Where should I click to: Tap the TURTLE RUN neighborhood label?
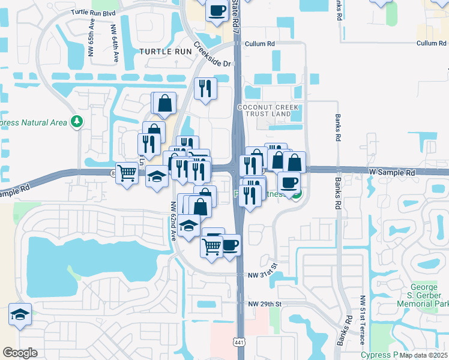pyautogui.click(x=165, y=52)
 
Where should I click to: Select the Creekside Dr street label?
pyautogui.click(x=212, y=56)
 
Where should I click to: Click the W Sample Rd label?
pyautogui.click(x=392, y=172)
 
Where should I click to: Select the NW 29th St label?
pyautogui.click(x=264, y=304)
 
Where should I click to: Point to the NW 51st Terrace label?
pyautogui.click(x=363, y=320)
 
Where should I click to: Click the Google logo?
pyautogui.click(x=20, y=353)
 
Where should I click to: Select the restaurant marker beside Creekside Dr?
pyautogui.click(x=205, y=88)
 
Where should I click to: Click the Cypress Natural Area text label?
pyautogui.click(x=33, y=123)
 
